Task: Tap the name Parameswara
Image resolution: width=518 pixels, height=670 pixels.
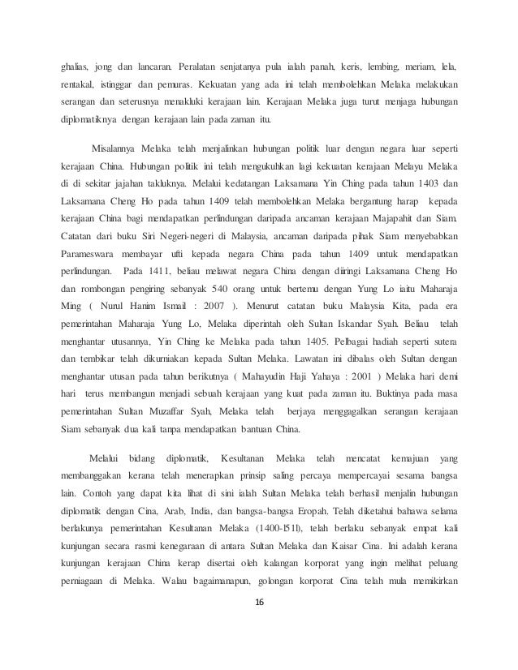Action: coord(94,251)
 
